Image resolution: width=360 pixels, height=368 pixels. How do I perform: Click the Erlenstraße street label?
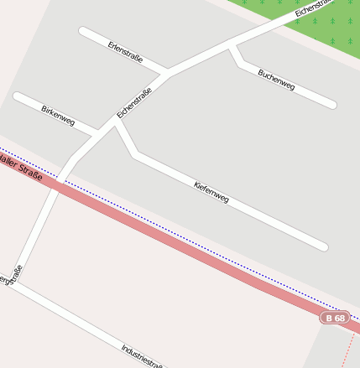[x=125, y=52]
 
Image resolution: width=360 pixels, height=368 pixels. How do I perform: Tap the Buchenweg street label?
[x=276, y=80]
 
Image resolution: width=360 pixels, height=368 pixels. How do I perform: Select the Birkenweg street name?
[x=58, y=115]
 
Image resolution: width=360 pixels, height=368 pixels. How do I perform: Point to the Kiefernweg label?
[x=211, y=192]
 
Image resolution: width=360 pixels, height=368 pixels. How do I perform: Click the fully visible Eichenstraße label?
[x=134, y=102]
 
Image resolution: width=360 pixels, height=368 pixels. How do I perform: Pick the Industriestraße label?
[x=141, y=355]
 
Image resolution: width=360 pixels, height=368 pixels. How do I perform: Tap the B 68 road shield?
[x=334, y=319]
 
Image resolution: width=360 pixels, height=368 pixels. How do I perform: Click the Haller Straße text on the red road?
[x=21, y=163]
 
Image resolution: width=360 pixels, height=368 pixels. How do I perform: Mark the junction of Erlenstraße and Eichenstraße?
[x=165, y=74]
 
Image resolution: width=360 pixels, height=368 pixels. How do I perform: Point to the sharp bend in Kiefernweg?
[x=134, y=154]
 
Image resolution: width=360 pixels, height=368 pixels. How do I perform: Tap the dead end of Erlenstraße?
[x=83, y=32]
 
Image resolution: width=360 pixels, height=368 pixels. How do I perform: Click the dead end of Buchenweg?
[x=332, y=105]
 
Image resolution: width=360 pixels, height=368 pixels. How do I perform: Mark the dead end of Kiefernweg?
[x=323, y=246]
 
